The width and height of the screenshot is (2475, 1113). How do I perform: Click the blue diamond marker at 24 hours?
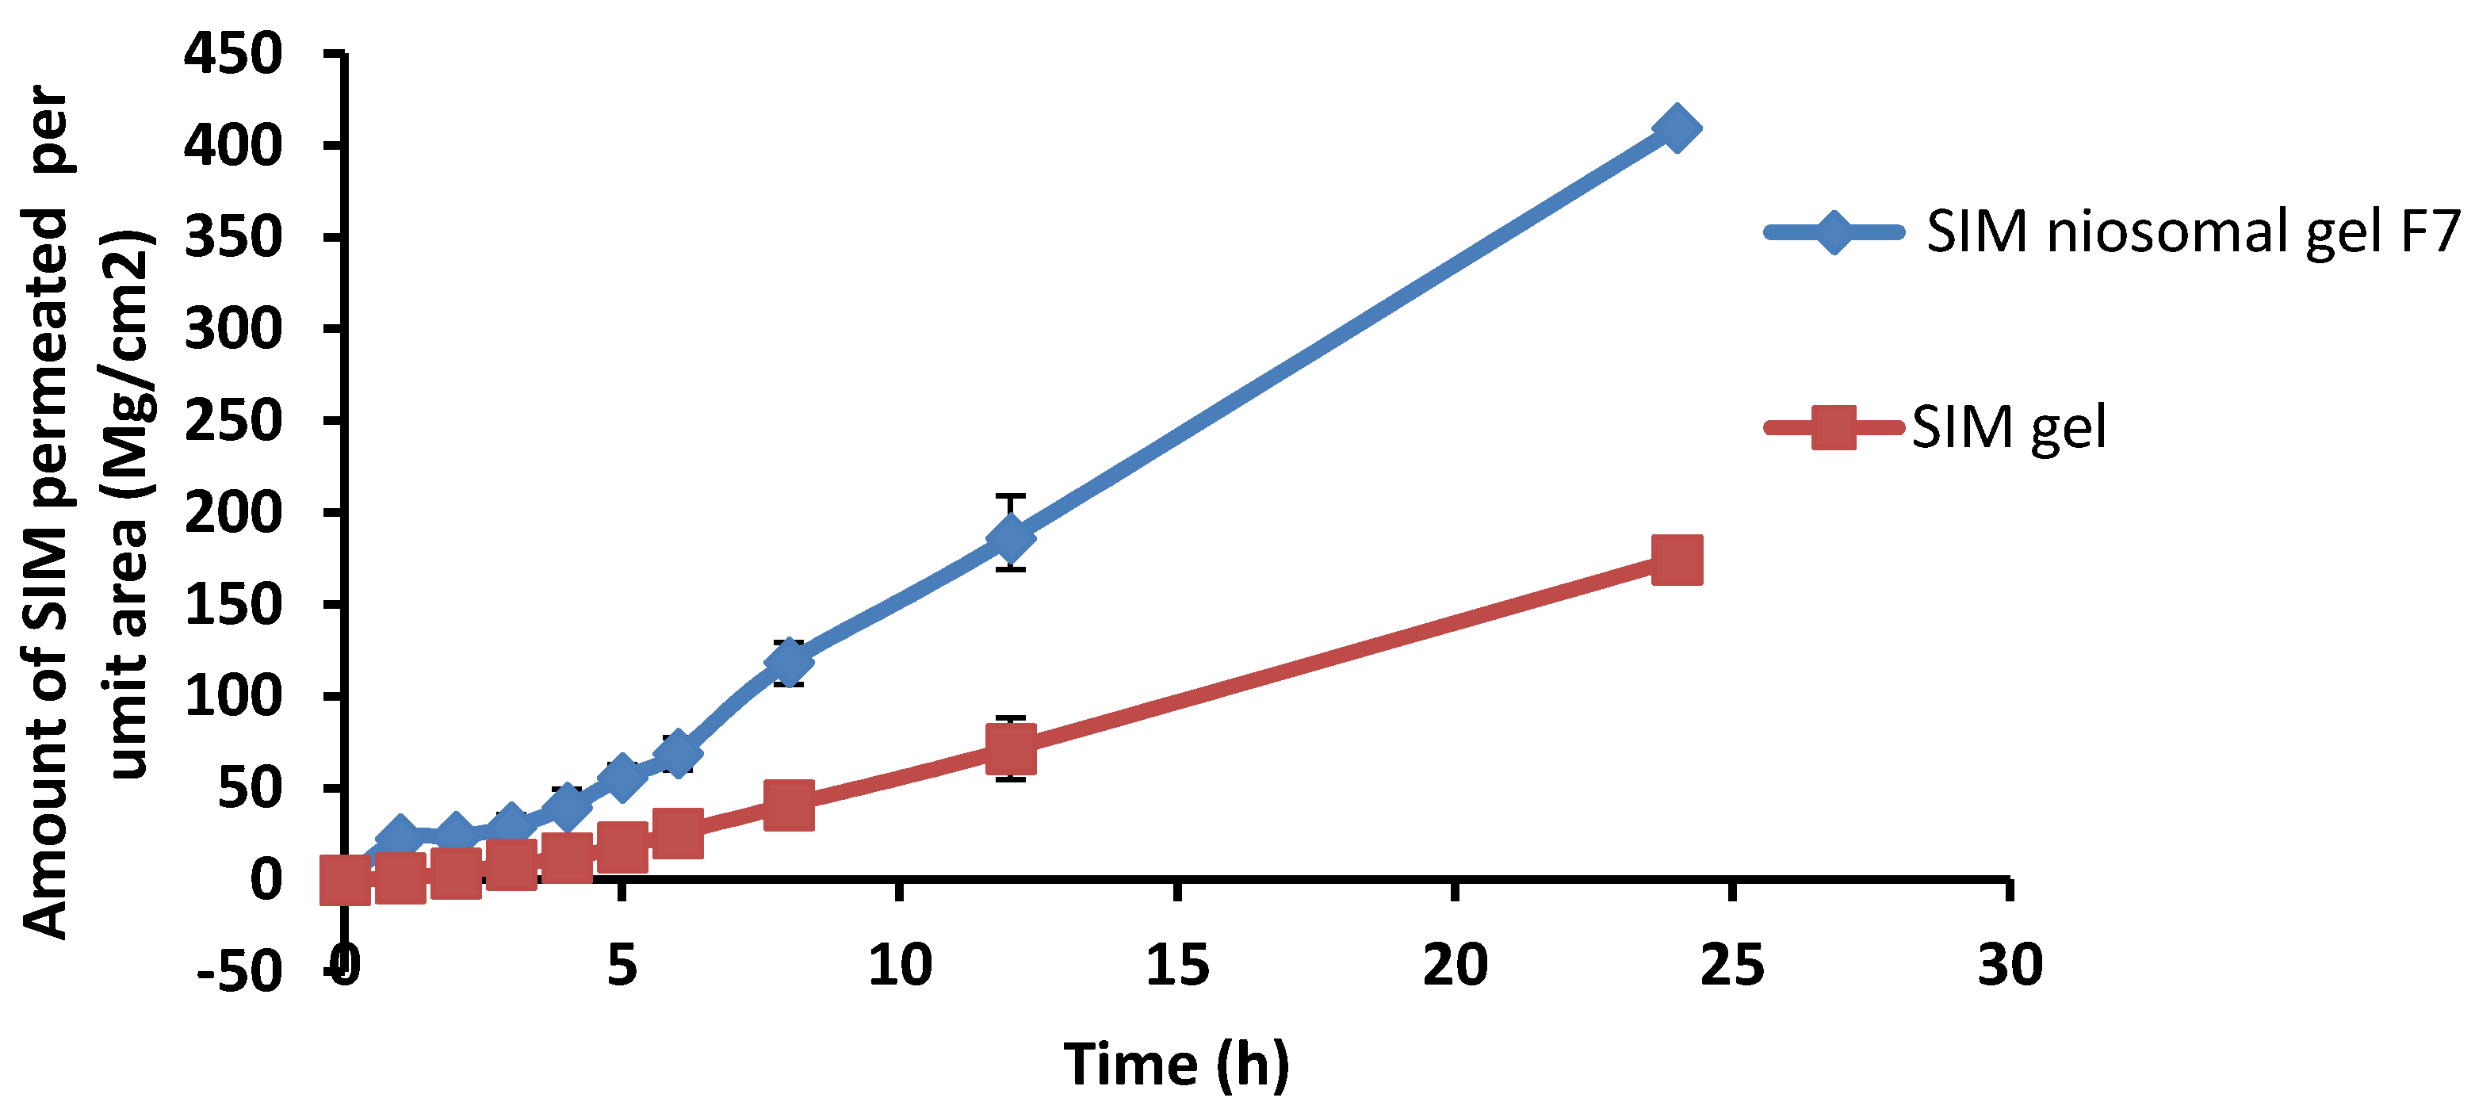click(1677, 128)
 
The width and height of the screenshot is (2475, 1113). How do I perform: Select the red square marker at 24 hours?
click(1677, 560)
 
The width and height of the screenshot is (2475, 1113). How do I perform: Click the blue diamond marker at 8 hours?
click(789, 662)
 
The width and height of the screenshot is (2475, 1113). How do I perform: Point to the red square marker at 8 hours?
click(789, 804)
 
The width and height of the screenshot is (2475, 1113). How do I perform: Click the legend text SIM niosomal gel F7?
click(2191, 231)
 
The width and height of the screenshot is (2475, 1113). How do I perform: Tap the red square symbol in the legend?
click(1832, 426)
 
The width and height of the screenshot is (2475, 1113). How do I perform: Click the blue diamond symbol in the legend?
click(1832, 231)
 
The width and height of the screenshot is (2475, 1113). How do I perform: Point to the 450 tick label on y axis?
click(234, 54)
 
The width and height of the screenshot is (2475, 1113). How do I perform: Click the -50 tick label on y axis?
click(240, 972)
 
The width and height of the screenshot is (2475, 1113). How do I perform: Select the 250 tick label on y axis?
click(234, 421)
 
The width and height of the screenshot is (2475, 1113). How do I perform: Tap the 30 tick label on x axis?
click(2009, 964)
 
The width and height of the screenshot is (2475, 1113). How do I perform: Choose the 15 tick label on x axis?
click(1177, 964)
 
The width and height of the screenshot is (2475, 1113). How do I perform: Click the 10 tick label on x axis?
click(899, 964)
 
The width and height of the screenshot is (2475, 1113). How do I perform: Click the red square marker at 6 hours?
click(677, 832)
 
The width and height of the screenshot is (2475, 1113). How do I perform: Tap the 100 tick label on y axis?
click(234, 696)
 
